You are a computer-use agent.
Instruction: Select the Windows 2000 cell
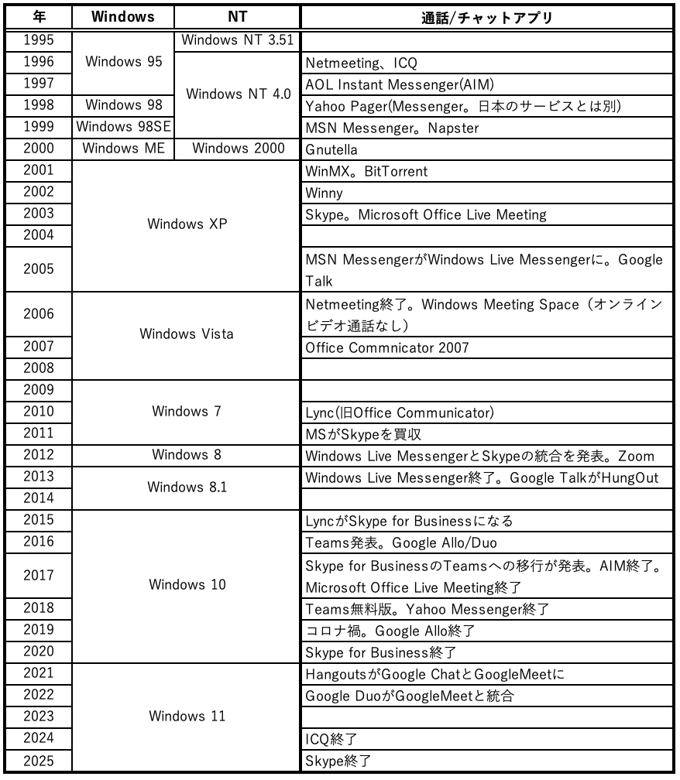(238, 149)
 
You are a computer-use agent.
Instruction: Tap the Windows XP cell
(186, 225)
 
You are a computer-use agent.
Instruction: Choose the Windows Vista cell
(186, 334)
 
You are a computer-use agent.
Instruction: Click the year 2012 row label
(39, 455)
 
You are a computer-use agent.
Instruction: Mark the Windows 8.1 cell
(186, 487)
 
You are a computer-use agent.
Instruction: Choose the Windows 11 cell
(186, 716)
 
